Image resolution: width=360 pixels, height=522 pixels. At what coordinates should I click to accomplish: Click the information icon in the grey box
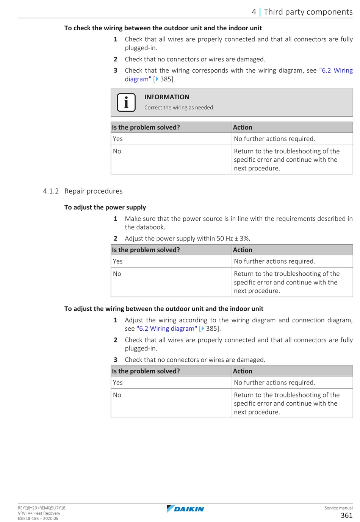[x=126, y=102]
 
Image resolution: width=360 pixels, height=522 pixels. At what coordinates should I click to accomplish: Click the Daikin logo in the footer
[x=185, y=509]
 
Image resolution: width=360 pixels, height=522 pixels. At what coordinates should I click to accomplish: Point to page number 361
[x=346, y=515]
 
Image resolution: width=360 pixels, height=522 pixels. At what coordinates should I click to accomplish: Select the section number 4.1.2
[x=51, y=191]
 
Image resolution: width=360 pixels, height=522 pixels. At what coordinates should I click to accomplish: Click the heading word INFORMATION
[x=166, y=97]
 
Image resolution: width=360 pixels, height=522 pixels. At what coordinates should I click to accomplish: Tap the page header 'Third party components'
[x=308, y=12]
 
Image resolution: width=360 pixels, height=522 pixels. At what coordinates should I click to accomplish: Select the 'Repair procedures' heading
[x=93, y=191]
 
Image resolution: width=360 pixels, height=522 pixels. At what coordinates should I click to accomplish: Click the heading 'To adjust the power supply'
[x=105, y=207]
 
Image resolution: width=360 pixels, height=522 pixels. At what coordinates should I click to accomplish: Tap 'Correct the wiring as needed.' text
[x=179, y=108]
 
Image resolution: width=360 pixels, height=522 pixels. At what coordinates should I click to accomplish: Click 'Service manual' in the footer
[x=338, y=508]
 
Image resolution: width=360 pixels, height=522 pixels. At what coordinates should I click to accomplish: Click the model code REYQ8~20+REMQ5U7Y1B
[x=41, y=508]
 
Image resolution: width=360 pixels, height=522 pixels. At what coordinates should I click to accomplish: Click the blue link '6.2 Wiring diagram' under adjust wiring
[x=166, y=329]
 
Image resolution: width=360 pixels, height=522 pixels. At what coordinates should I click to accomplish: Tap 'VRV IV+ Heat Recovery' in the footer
[x=39, y=513]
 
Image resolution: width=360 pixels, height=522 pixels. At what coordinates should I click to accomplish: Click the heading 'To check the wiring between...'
[x=163, y=28]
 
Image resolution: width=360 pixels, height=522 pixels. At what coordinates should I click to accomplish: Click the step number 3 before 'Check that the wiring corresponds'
[x=116, y=70]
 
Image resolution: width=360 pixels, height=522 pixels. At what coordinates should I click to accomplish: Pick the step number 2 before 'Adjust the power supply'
[x=116, y=239]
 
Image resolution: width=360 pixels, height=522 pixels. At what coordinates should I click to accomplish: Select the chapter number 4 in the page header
[x=254, y=12]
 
